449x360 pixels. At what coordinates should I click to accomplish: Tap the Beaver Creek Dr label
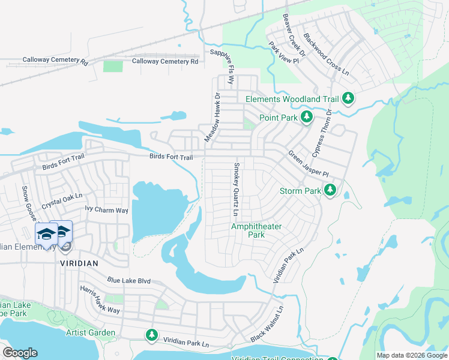click(294, 35)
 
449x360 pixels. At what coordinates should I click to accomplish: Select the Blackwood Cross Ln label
click(325, 54)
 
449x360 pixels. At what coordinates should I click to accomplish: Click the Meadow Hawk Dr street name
click(213, 117)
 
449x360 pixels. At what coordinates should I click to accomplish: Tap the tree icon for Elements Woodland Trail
click(348, 98)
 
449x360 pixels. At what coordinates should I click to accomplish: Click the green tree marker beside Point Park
click(306, 117)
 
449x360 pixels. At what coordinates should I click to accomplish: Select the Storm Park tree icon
click(330, 191)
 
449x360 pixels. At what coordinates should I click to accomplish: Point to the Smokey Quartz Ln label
click(237, 190)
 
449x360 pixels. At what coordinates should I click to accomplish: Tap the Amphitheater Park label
click(256, 230)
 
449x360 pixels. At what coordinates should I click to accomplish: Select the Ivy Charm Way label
click(106, 210)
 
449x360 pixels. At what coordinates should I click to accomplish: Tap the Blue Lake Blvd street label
click(128, 280)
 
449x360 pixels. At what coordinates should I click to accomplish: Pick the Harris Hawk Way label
click(100, 299)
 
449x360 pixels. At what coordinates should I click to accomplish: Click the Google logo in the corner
click(20, 353)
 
